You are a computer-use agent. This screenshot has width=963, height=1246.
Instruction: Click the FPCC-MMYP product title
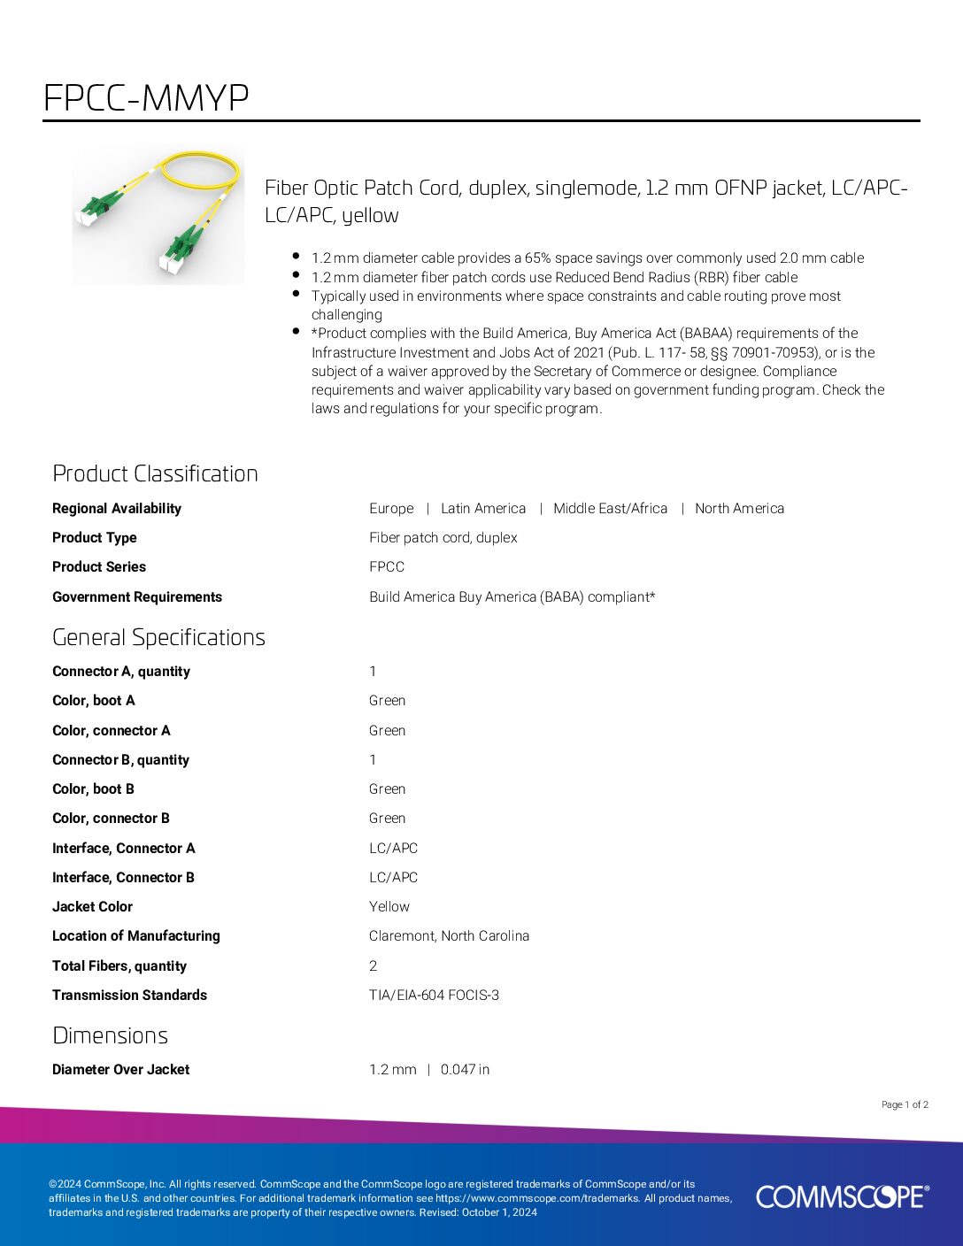[x=146, y=97]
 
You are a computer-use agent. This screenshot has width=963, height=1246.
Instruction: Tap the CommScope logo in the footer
[x=842, y=1196]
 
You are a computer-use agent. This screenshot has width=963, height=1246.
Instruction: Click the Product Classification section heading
[x=155, y=473]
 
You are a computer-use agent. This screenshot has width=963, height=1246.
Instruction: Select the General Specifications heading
[x=158, y=637]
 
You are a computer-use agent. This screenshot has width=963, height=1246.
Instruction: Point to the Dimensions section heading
[x=110, y=1035]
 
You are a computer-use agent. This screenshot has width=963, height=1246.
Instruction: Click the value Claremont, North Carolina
[x=449, y=935]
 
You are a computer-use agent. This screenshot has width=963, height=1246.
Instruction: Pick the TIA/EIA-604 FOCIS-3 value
[x=434, y=995]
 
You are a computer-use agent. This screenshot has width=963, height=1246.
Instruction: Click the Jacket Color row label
[x=92, y=906]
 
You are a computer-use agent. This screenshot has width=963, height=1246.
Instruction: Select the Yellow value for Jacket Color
[x=389, y=906]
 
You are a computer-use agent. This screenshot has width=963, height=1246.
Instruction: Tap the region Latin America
[x=483, y=508]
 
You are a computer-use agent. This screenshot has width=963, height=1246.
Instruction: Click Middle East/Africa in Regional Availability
[x=610, y=508]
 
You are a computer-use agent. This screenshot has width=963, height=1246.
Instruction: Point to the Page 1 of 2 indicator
[x=905, y=1104]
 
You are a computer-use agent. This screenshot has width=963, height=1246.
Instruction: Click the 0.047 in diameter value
[x=465, y=1069]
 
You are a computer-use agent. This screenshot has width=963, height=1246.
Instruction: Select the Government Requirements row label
[x=137, y=596]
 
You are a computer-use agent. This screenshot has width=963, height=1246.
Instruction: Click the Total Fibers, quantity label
[x=119, y=965]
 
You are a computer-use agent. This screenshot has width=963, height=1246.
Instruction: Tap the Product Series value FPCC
[x=387, y=566]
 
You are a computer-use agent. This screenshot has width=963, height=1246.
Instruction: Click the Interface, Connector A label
[x=123, y=848]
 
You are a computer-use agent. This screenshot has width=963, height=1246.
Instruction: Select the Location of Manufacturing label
[x=136, y=935]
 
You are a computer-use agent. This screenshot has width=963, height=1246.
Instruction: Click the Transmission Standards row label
[x=129, y=995]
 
